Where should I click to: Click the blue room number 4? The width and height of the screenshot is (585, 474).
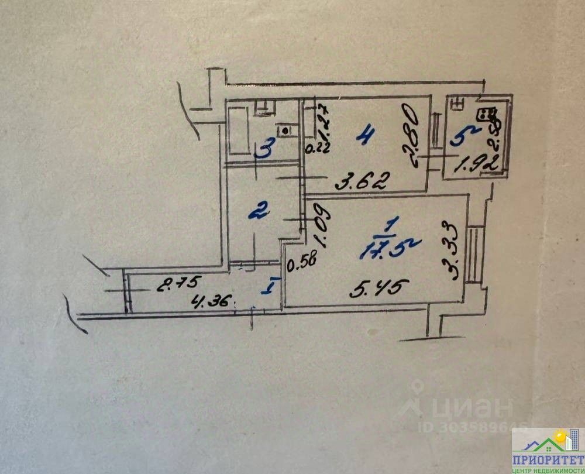365,138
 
